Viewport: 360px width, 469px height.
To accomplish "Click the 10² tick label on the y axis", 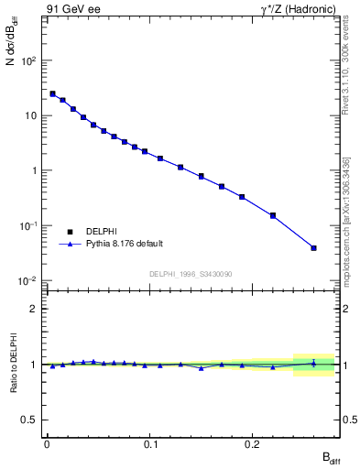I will (29, 60).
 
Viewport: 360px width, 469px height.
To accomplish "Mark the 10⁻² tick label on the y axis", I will (29, 280).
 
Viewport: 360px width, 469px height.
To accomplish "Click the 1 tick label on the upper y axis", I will (33, 170).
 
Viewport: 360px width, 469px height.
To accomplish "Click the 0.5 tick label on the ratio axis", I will (29, 420).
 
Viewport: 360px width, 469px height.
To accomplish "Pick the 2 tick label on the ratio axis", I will (33, 309).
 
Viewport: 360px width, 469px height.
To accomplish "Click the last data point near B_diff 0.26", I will (314, 247).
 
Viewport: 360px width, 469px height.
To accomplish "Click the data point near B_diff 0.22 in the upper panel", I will (273, 215).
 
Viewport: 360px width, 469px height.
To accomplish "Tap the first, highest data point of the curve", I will (52, 93).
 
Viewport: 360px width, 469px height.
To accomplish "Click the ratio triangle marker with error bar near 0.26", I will (314, 364).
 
